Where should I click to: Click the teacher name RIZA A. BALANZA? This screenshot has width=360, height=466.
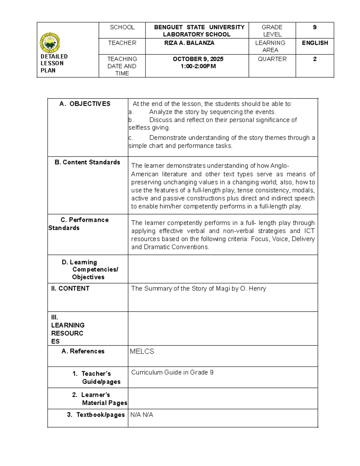click(189, 43)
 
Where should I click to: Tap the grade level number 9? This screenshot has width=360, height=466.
click(315, 27)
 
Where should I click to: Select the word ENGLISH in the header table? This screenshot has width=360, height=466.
click(315, 43)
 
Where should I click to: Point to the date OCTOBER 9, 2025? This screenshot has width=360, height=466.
click(198, 59)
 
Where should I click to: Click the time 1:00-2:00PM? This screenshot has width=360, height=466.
click(198, 66)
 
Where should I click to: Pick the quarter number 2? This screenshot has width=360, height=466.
click(315, 59)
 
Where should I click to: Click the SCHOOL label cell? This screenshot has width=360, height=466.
click(122, 27)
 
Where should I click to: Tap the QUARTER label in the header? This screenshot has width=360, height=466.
click(272, 59)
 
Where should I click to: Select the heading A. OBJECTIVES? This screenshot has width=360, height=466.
click(85, 104)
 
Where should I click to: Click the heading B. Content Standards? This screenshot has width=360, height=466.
click(87, 162)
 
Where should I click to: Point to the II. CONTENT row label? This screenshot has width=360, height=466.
click(70, 289)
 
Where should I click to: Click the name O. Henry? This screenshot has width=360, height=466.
click(253, 289)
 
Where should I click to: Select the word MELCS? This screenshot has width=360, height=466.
click(142, 351)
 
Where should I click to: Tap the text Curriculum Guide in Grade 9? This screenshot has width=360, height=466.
click(172, 372)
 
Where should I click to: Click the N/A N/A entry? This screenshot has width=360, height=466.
click(142, 415)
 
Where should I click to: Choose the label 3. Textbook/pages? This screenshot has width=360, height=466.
click(96, 415)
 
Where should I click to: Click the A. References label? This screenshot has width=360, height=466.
click(83, 351)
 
